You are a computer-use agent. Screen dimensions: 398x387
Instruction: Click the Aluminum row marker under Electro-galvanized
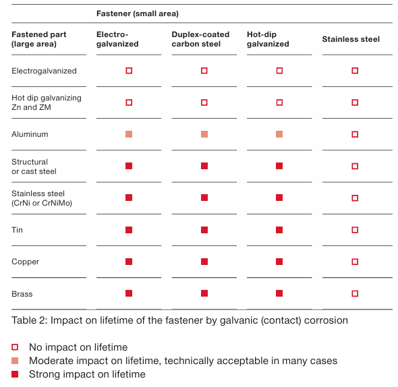click(x=129, y=134)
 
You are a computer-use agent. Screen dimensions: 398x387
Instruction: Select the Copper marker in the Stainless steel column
click(x=355, y=262)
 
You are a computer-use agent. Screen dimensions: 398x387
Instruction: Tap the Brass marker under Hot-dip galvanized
click(x=279, y=293)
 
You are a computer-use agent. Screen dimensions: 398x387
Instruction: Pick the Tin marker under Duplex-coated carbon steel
click(x=204, y=230)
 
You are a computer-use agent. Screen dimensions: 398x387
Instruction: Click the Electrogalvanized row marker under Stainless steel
click(x=355, y=71)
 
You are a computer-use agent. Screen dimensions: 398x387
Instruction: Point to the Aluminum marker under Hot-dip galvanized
click(x=279, y=134)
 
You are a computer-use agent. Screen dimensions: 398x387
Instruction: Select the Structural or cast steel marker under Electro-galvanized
click(x=129, y=166)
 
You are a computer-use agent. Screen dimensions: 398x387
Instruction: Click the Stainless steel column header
click(x=351, y=39)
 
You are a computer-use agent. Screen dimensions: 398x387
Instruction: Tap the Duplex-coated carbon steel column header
click(x=200, y=39)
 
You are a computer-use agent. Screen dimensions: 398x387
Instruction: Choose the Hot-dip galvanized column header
click(x=268, y=39)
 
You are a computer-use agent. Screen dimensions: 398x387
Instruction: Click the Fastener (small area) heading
click(x=138, y=13)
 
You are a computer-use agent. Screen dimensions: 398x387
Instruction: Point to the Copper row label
click(x=26, y=262)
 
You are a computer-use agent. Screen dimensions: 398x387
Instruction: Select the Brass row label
click(x=22, y=294)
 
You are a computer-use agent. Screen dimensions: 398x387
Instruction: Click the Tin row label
click(x=17, y=230)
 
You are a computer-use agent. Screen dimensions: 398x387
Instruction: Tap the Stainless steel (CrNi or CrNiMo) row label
click(x=42, y=198)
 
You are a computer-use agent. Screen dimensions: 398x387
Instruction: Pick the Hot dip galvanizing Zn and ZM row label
click(x=47, y=102)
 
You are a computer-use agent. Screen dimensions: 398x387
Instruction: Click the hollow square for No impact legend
click(x=15, y=347)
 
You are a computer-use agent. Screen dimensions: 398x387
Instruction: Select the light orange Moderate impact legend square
click(x=15, y=361)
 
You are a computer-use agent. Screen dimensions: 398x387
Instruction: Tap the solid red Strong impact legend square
click(x=15, y=374)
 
